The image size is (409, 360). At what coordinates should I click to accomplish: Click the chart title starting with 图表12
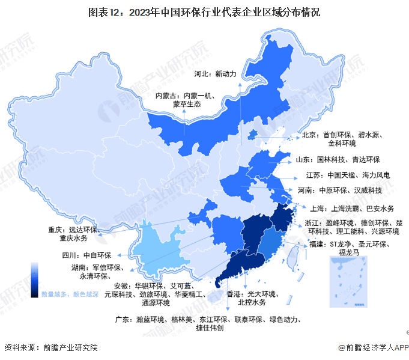[204, 11]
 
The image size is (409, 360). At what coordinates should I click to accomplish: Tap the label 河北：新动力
[217, 74]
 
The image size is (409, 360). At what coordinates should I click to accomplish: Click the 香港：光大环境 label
[252, 298]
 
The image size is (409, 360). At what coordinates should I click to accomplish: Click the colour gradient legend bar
[35, 279]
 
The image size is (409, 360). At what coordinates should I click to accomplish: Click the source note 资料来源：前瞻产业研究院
[51, 347]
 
